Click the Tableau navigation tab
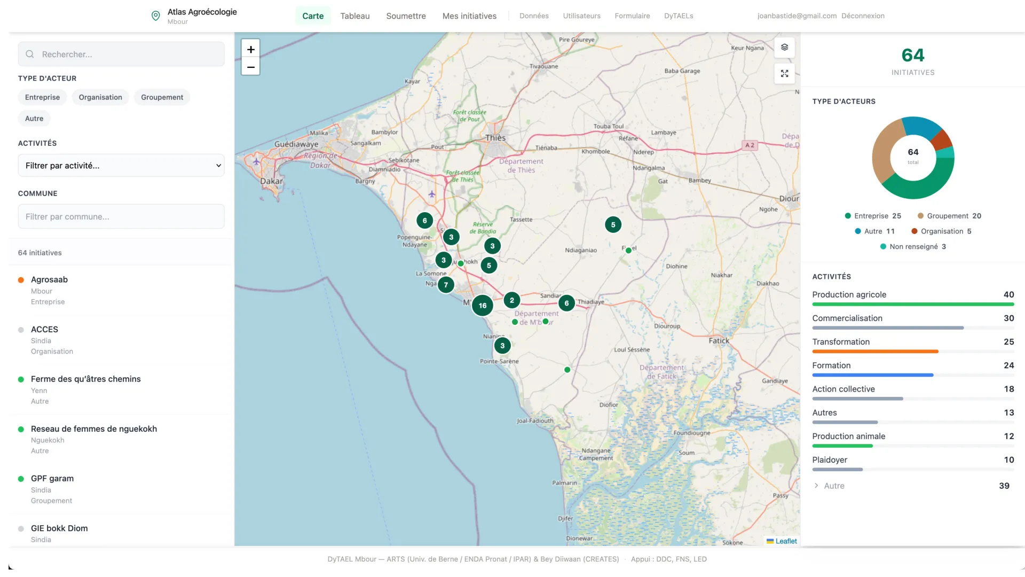(x=355, y=16)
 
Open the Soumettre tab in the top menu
(x=406, y=16)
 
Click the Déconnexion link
(x=863, y=16)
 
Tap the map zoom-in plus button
(x=250, y=49)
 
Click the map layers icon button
(x=784, y=47)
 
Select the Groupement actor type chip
(x=162, y=97)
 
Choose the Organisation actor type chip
(x=100, y=97)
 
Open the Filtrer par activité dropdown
(x=121, y=166)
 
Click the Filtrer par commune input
(x=121, y=217)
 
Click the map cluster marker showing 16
(x=483, y=306)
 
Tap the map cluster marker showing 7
(x=446, y=285)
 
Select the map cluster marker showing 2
(x=511, y=300)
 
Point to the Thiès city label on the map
(x=495, y=138)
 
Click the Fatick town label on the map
(x=719, y=341)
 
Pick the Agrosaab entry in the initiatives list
(x=50, y=279)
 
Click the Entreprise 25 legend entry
(x=873, y=216)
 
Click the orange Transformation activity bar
(x=875, y=352)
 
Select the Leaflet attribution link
(x=786, y=541)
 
